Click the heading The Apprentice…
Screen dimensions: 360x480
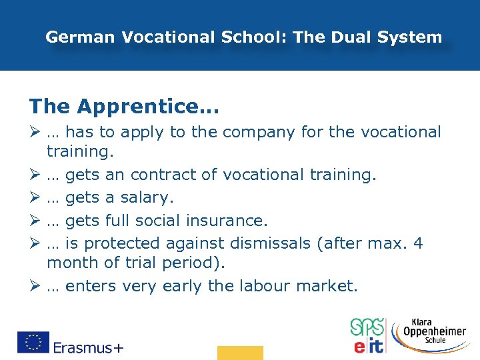pos(124,105)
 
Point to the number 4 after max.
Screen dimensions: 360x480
pos(418,243)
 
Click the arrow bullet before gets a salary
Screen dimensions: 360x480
pos(34,198)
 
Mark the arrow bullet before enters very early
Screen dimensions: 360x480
pos(34,286)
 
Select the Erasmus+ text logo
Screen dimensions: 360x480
pos(88,347)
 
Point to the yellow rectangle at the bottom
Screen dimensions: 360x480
pos(240,353)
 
